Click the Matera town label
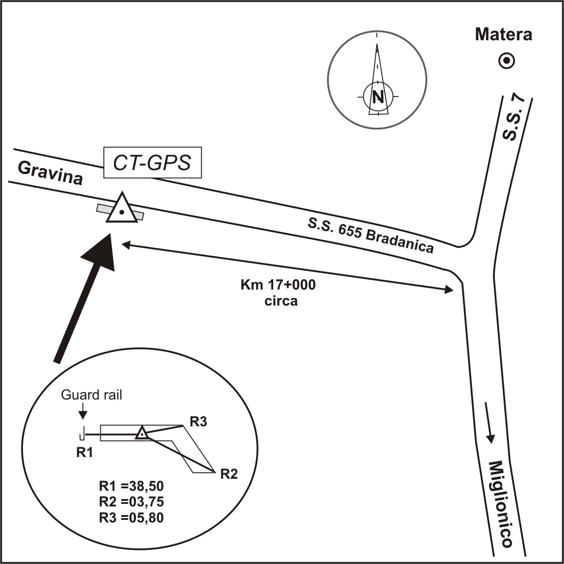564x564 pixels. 503,34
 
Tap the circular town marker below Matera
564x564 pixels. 506,61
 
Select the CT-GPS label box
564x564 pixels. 152,163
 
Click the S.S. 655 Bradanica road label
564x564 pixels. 371,235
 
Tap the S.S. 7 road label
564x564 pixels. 514,118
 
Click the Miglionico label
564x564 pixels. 501,504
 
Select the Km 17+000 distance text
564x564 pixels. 278,285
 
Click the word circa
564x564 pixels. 280,300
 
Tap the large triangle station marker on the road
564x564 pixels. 122,209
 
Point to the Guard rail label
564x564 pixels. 91,395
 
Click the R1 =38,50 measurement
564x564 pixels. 132,486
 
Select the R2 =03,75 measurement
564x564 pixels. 132,502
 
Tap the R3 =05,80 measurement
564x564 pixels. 132,517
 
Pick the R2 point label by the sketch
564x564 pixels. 229,474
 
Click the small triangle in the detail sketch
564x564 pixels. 142,433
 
